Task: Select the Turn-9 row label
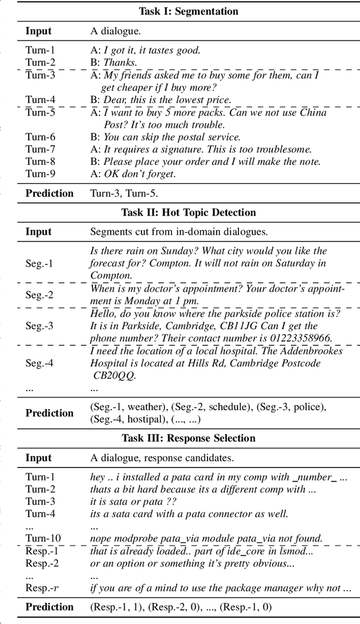click(x=40, y=174)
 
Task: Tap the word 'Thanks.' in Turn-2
click(x=120, y=62)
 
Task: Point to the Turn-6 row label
click(x=40, y=137)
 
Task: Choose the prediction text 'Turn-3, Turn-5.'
click(x=124, y=194)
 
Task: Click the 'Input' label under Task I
click(x=38, y=32)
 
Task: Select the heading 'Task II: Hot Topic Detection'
click(x=188, y=213)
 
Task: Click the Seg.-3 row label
click(x=40, y=326)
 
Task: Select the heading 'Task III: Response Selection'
click(x=188, y=438)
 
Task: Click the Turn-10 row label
click(x=43, y=538)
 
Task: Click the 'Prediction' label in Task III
click(x=49, y=607)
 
